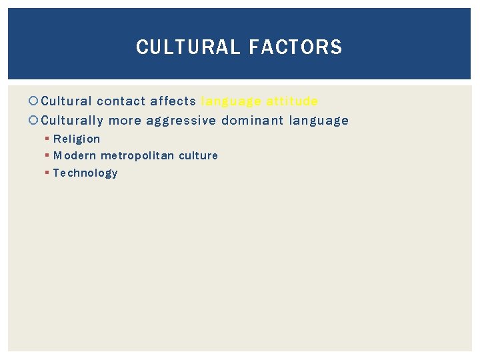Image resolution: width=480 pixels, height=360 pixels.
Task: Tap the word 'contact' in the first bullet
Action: pos(121,101)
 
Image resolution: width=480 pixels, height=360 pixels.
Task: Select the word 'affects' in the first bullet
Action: pos(173,101)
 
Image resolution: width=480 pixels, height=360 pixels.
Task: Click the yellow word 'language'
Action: pos(231,101)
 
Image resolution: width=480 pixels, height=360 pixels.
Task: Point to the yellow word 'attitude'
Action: pos(292,101)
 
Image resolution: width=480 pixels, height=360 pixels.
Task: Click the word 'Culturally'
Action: pos(72,121)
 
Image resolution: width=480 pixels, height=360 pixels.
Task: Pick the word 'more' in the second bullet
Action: pos(125,121)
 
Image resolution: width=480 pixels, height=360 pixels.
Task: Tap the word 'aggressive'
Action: pos(181,121)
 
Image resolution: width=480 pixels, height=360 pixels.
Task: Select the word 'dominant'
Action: pos(253,121)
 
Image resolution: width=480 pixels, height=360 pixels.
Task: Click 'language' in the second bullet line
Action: pos(319,121)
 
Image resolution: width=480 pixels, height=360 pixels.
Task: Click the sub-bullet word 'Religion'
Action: pos(77,139)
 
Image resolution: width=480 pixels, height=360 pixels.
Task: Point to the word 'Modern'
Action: pos(75,155)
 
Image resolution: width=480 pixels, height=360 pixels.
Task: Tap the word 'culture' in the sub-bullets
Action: pos(198,155)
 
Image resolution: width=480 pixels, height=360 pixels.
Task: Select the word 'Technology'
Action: pos(85,173)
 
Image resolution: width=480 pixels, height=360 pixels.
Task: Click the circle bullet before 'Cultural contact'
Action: pos(35,101)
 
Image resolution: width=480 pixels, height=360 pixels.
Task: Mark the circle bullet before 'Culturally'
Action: pos(35,121)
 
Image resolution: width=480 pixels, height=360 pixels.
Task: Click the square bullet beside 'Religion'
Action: pos(47,139)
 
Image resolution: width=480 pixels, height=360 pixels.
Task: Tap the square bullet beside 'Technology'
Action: pos(47,173)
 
